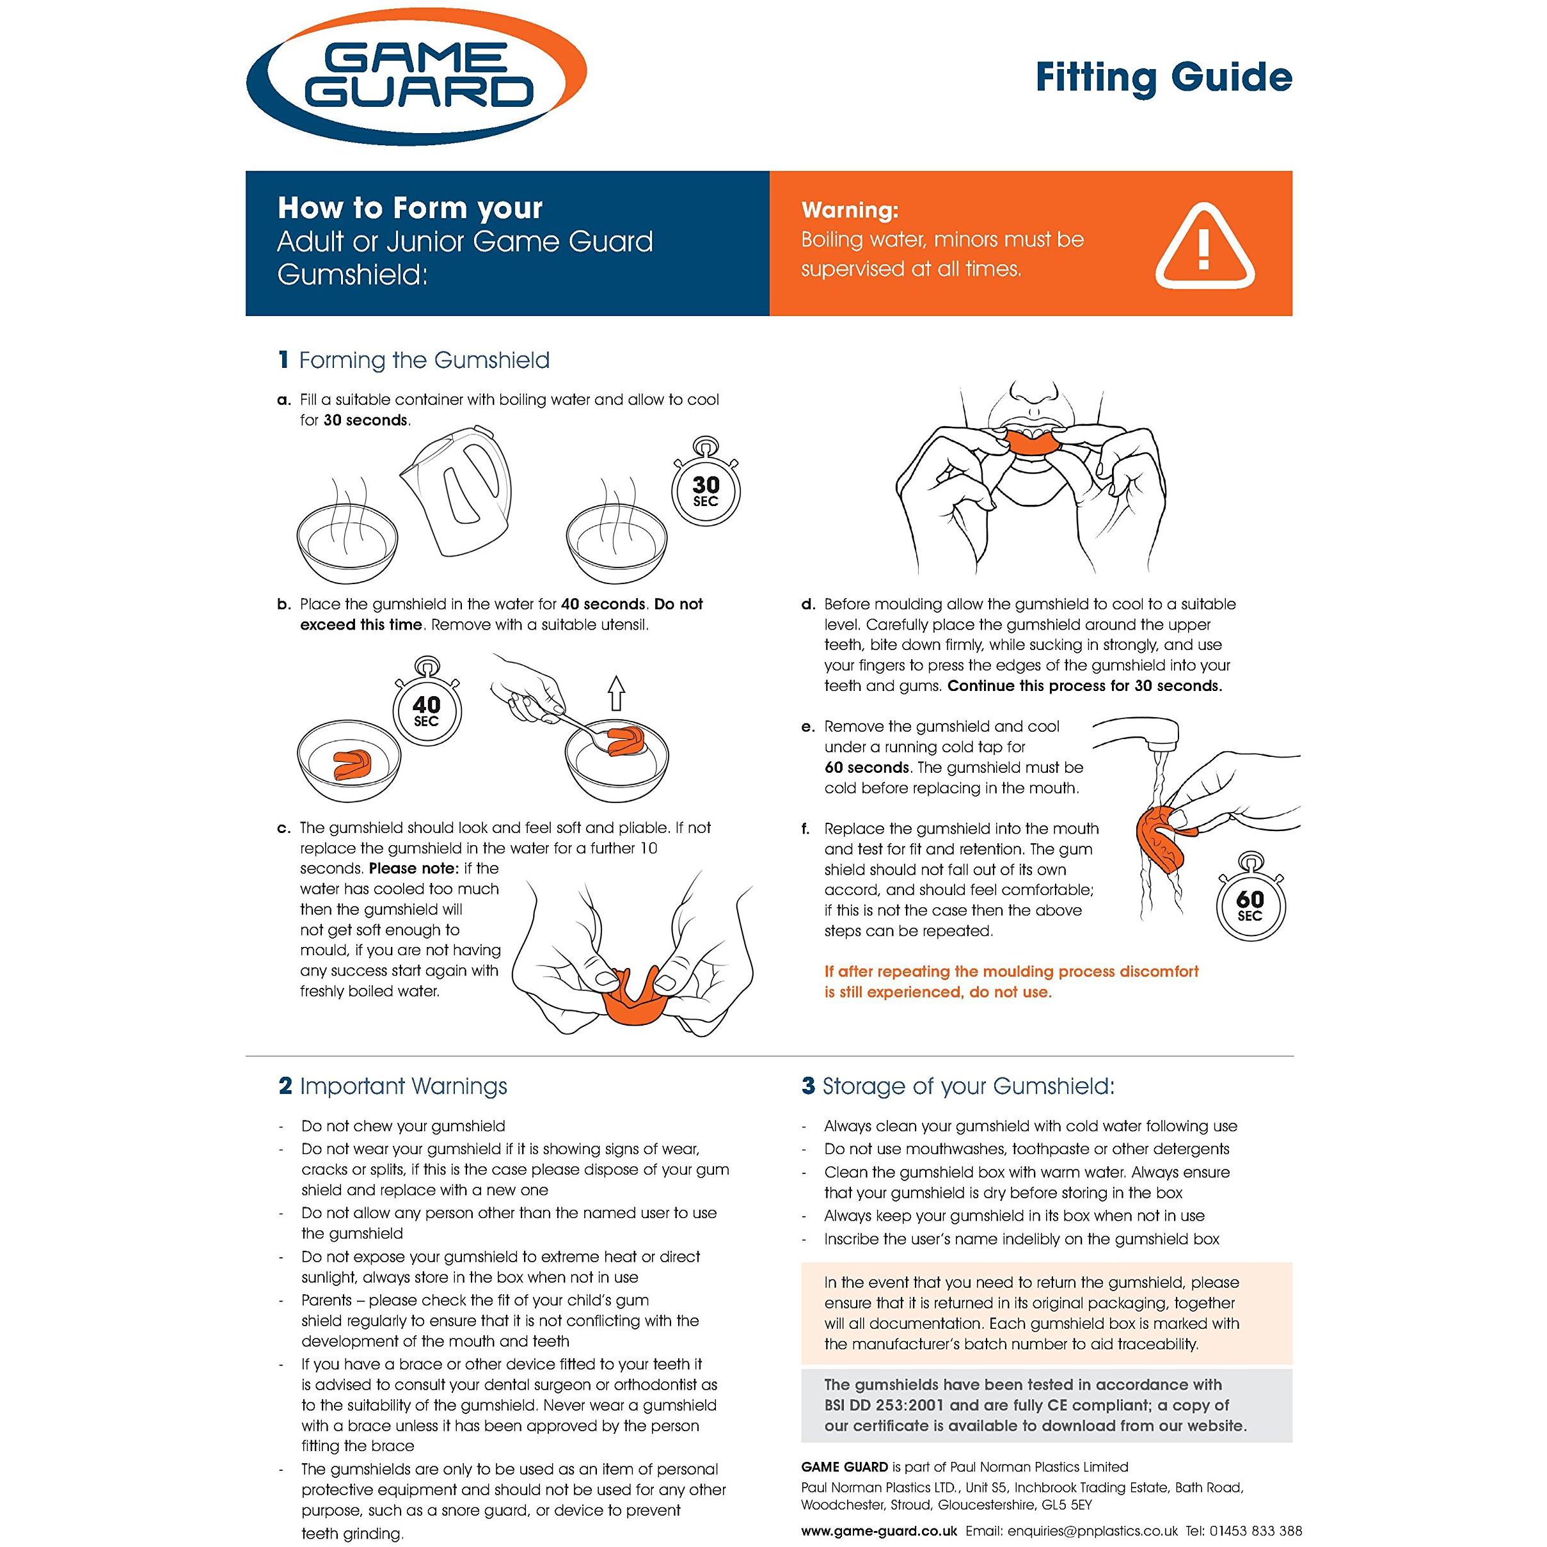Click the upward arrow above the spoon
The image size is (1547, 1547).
click(x=615, y=694)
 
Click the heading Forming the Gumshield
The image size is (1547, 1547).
click(x=424, y=360)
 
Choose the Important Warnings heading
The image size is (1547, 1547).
click(x=403, y=1086)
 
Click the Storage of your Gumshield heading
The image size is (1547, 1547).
click(x=968, y=1086)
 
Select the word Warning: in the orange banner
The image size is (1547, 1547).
click(x=850, y=210)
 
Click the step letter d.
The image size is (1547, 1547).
click(x=808, y=605)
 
